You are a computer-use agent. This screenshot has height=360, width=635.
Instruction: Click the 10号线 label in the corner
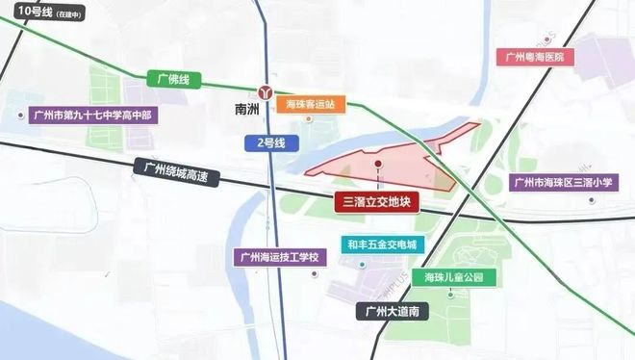tap(43, 13)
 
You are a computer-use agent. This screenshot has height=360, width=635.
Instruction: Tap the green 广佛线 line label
tap(168, 76)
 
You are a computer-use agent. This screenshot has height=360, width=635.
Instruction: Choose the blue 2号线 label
tap(269, 141)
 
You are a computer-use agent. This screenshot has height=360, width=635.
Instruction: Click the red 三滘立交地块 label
tap(376, 202)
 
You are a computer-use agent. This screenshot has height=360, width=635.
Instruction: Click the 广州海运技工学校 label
tap(281, 257)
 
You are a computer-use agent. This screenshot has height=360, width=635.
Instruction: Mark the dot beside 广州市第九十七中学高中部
tap(21, 115)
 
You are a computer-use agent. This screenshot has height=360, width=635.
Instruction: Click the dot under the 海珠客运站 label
tap(309, 119)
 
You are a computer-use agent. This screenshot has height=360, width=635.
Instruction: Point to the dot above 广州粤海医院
tap(546, 39)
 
